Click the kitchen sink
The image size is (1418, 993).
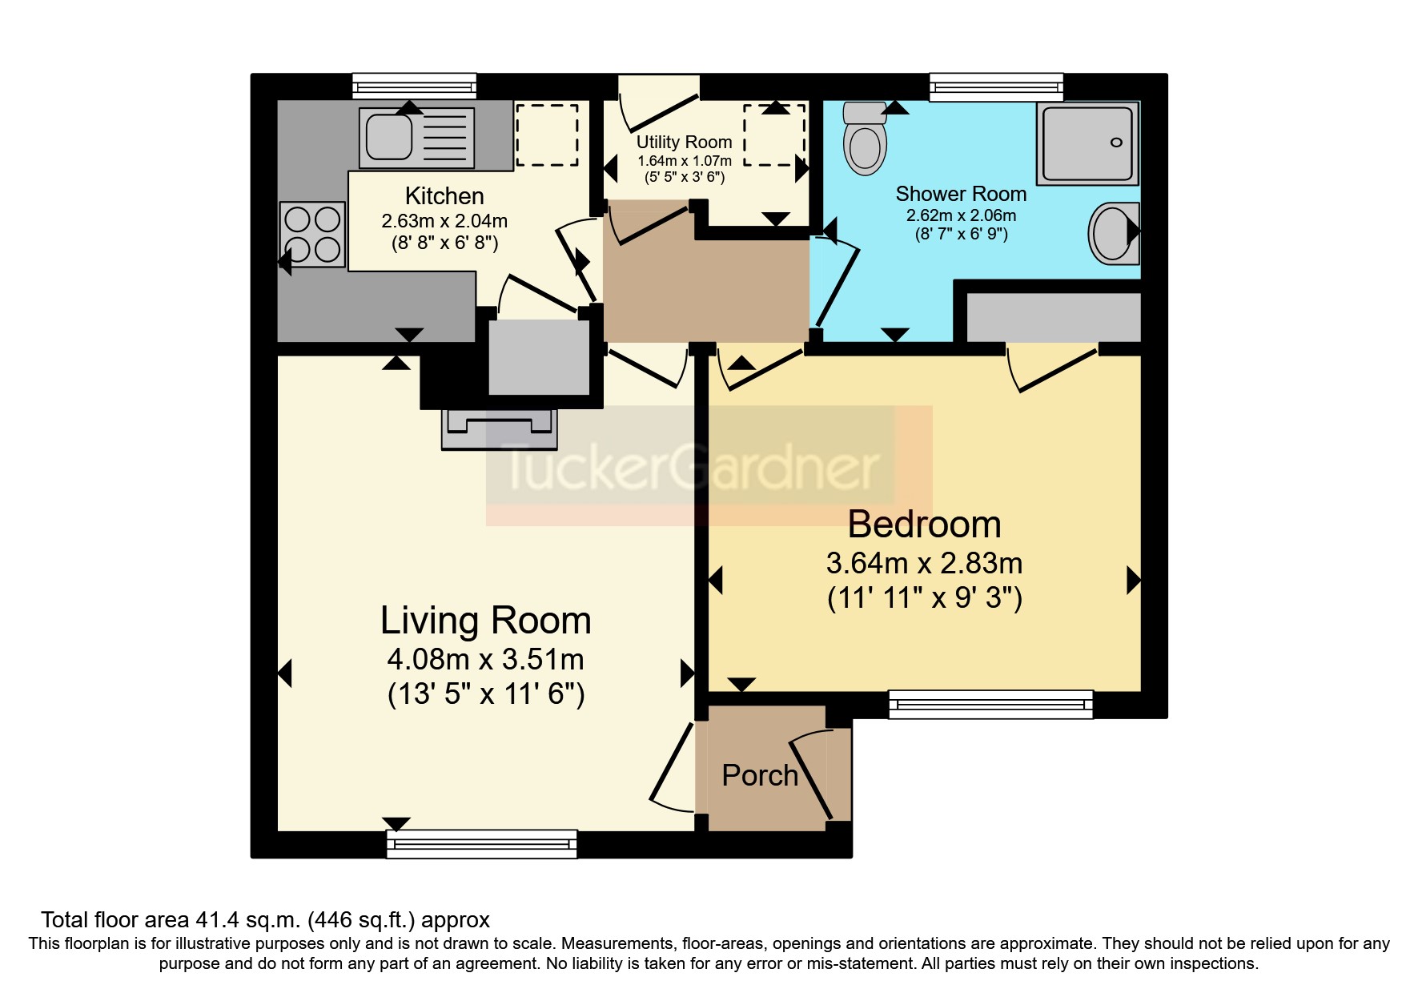click(390, 137)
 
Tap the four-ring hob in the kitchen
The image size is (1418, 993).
click(312, 234)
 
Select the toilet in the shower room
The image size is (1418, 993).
click(865, 139)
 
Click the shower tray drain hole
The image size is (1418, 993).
click(1116, 143)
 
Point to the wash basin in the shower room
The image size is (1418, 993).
click(1113, 233)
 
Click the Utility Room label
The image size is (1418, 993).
click(684, 142)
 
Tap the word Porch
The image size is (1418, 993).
click(760, 775)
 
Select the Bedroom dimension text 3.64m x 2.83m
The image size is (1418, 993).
click(924, 564)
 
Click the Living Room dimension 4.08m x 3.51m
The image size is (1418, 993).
click(485, 660)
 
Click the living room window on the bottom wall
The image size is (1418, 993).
click(481, 843)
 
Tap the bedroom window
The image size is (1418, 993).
click(990, 704)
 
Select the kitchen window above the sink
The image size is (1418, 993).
click(414, 86)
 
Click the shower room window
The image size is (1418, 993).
click(996, 86)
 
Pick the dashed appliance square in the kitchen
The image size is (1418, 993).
click(547, 135)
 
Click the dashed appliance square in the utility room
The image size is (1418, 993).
click(774, 135)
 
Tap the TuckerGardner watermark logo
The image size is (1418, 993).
click(693, 467)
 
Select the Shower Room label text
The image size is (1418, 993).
click(961, 194)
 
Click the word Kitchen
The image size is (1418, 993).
click(444, 195)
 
